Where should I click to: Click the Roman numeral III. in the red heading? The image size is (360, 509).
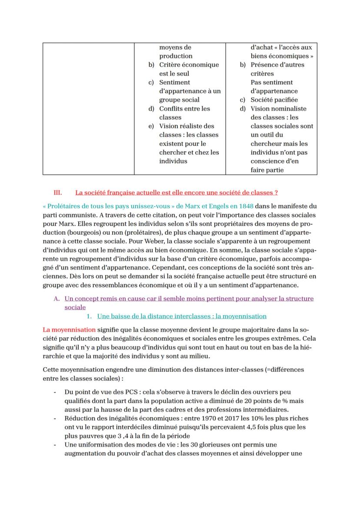point(58,192)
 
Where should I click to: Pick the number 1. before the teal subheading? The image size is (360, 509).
point(90,316)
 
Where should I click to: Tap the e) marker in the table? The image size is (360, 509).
point(151,126)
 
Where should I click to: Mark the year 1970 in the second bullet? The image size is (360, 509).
point(217,418)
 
